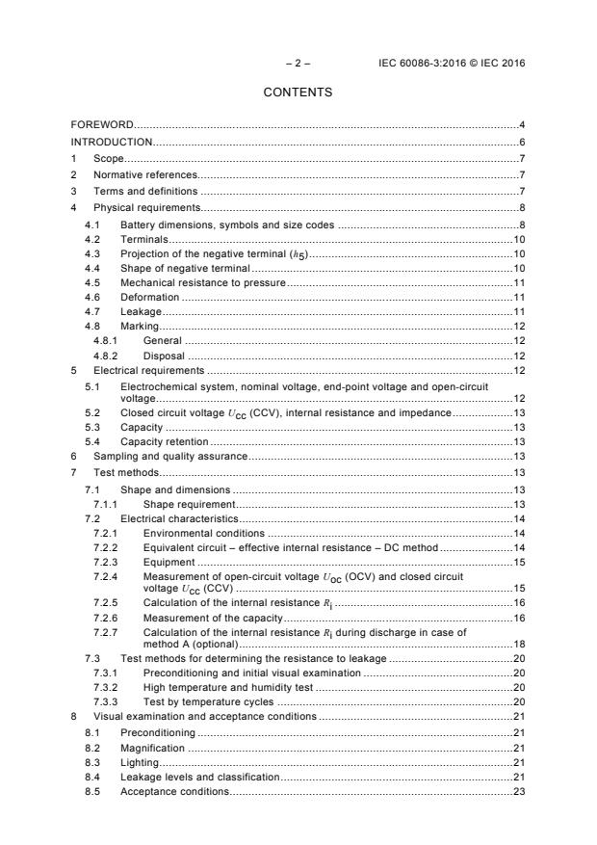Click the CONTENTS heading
[x=298, y=92]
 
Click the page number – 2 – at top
[x=298, y=63]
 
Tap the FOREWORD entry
[x=102, y=125]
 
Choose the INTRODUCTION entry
[x=113, y=142]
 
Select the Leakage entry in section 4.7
[x=141, y=312]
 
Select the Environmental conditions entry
[x=203, y=533]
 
